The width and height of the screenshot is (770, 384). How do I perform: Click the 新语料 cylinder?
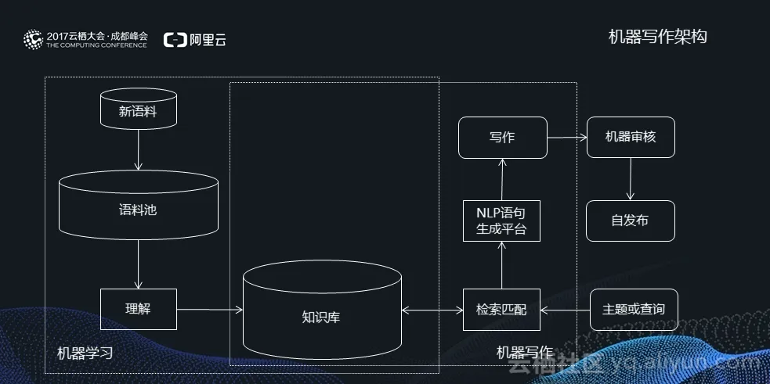(x=138, y=111)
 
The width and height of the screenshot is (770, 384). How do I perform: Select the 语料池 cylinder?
(x=138, y=209)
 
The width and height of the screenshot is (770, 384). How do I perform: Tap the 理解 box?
(x=138, y=309)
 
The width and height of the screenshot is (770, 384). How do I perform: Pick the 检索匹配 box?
(x=501, y=309)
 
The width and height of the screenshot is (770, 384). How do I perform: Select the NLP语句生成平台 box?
(x=501, y=220)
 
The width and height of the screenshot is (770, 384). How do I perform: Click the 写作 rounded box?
(x=501, y=137)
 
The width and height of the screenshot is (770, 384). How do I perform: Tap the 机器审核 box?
(x=630, y=137)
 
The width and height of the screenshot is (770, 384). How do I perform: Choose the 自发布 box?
(x=630, y=220)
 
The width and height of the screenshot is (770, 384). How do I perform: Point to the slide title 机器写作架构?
(x=657, y=36)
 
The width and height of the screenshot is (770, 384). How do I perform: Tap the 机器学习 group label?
(x=85, y=353)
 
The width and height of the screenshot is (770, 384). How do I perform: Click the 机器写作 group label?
(x=524, y=353)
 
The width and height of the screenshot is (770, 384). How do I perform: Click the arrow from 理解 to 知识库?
(x=209, y=310)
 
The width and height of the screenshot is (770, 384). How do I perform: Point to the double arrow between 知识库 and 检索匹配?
(x=432, y=310)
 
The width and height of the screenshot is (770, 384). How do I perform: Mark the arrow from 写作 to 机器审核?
(x=566, y=137)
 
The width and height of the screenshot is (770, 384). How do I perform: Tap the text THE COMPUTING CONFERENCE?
(x=96, y=45)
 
